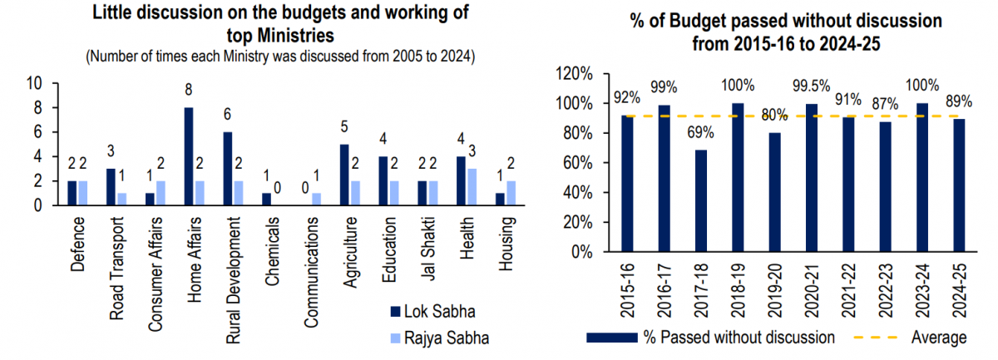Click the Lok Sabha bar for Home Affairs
click(190, 156)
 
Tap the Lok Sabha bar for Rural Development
click(226, 169)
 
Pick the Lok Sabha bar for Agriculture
click(343, 175)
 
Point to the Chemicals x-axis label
click(272, 241)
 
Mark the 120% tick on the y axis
click(574, 73)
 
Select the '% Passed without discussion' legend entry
click(711, 338)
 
